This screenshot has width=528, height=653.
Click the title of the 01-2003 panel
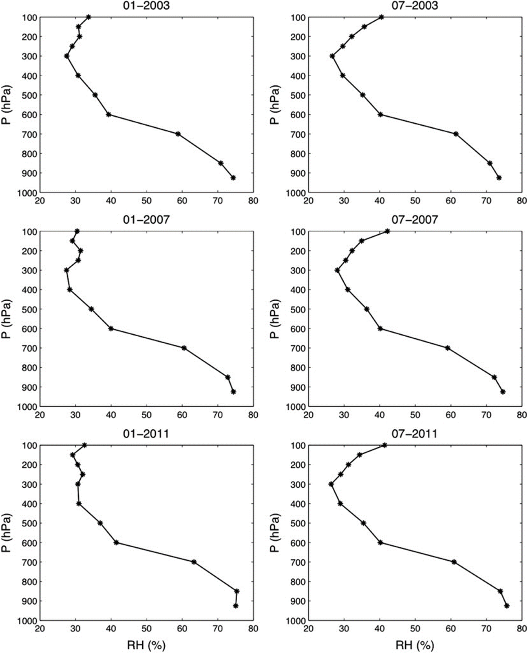click(146, 6)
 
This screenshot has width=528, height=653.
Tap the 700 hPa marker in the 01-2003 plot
click(178, 134)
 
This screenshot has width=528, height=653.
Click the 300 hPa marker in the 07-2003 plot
click(332, 56)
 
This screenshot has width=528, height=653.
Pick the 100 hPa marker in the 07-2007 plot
click(387, 231)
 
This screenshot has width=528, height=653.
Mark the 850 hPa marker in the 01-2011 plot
click(236, 591)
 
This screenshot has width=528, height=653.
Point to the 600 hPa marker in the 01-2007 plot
click(111, 329)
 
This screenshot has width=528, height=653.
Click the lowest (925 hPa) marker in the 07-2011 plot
click(507, 606)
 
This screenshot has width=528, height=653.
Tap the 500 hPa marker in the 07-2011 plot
click(364, 523)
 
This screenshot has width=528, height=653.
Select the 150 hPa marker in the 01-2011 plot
click(73, 455)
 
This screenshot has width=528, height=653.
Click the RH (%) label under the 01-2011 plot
click(146, 645)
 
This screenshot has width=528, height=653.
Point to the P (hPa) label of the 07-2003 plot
click(276, 104)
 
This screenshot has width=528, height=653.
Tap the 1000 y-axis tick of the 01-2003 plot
click(28, 193)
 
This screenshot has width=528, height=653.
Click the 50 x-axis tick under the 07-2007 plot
click(415, 415)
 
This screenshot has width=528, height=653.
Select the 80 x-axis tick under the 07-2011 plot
click(521, 629)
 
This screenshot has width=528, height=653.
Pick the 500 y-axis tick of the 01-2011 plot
click(30, 523)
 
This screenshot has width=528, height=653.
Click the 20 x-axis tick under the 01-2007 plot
click(40, 415)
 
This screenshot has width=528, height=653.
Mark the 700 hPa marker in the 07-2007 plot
click(447, 348)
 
